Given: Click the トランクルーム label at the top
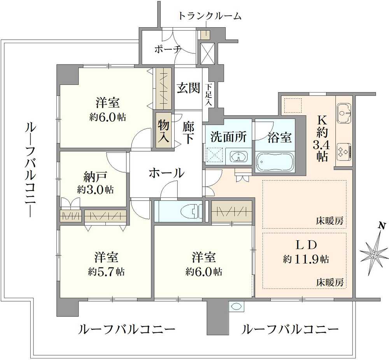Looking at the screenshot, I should (x=210, y=16).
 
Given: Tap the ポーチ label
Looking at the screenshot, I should (x=168, y=49).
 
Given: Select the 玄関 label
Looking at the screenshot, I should (x=188, y=88).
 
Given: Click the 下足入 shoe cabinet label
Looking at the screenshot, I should (x=209, y=95).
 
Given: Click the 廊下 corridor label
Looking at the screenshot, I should (x=188, y=132).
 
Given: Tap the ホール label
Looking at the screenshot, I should (x=166, y=173).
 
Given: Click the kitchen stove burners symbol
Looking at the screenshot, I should (x=344, y=151).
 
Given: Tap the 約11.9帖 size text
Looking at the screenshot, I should (x=306, y=259).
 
